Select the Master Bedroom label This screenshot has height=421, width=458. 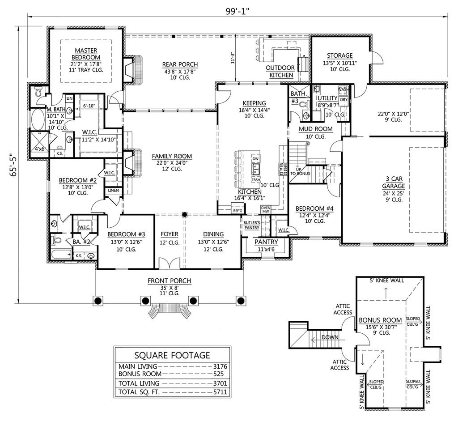86,54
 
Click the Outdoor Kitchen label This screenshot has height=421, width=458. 280,72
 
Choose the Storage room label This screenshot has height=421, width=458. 339,55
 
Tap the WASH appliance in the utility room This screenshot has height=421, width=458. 343,89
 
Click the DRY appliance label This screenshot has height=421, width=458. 343,100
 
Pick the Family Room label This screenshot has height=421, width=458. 171,156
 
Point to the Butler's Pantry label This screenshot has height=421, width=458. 251,225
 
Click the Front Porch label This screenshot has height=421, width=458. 170,281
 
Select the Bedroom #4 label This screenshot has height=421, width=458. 313,208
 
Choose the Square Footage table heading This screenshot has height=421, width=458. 172,355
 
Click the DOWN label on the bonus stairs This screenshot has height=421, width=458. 331,337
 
